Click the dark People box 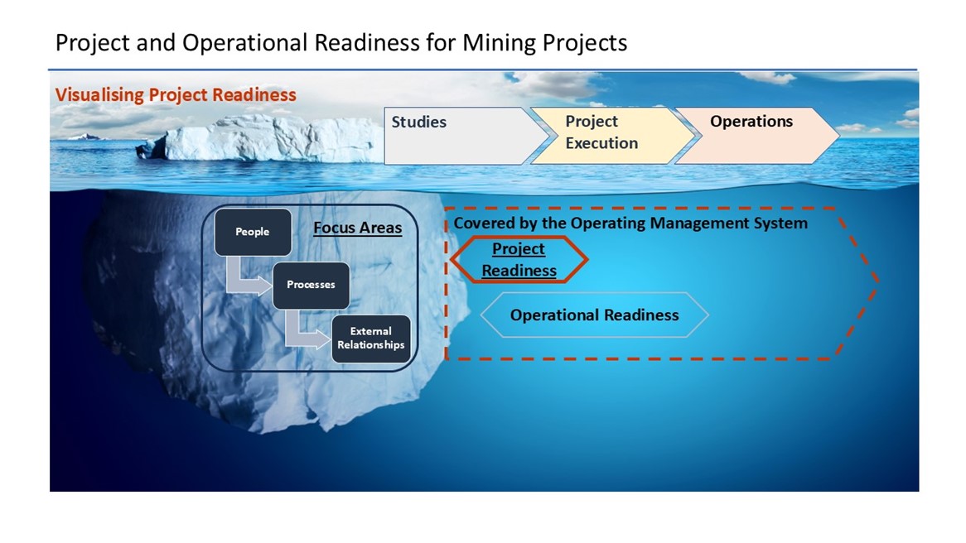pyautogui.click(x=253, y=232)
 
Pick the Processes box pyautogui.click(x=312, y=285)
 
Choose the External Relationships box pyautogui.click(x=371, y=339)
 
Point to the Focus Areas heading pyautogui.click(x=357, y=228)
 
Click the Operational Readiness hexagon pyautogui.click(x=595, y=315)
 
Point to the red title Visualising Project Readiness pyautogui.click(x=176, y=95)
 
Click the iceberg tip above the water pyautogui.click(x=258, y=138)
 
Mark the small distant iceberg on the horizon pyautogui.click(x=85, y=137)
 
